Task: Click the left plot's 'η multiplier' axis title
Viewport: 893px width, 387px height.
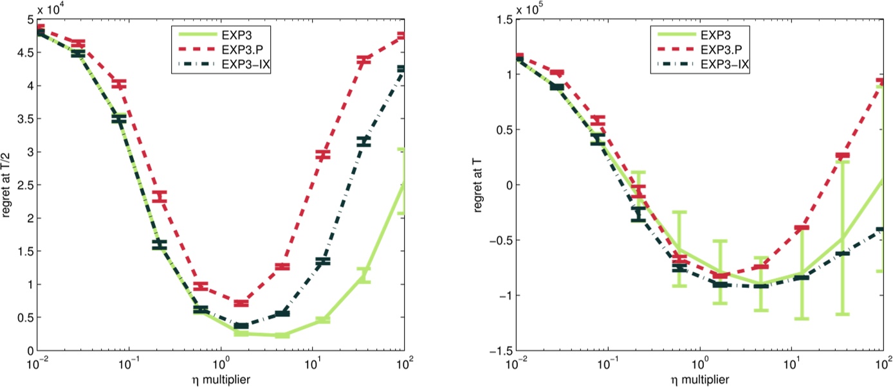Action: point(220,379)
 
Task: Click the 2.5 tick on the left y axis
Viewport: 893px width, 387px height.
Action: point(23,185)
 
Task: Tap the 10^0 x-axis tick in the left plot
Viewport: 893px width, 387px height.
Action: point(221,364)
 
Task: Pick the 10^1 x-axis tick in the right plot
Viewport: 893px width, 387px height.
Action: point(794,364)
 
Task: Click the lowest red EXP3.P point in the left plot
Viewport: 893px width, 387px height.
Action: point(241,303)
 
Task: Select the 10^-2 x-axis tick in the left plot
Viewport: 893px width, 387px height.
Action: point(38,364)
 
